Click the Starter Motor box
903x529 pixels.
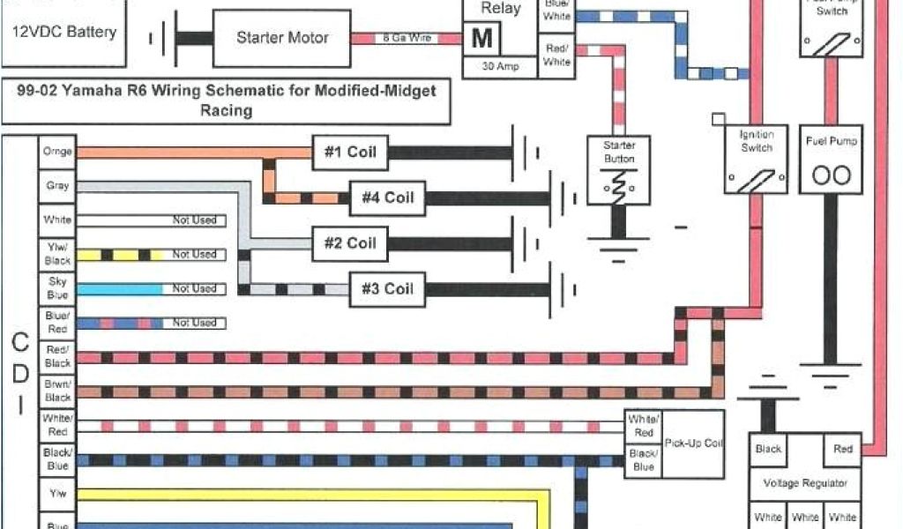click(x=282, y=38)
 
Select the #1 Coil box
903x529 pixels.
click(x=350, y=152)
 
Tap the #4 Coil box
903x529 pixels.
click(x=387, y=197)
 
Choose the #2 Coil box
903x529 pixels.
click(x=350, y=243)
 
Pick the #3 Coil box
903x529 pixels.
click(x=387, y=289)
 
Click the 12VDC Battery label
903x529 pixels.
click(x=63, y=33)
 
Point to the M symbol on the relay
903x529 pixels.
click(x=482, y=38)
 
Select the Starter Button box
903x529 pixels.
click(x=618, y=171)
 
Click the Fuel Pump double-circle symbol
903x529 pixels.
click(x=831, y=175)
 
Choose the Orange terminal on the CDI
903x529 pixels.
click(x=57, y=152)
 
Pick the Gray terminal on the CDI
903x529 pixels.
click(x=57, y=186)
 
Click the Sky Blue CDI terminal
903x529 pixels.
click(x=57, y=288)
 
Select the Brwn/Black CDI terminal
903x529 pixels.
click(x=57, y=391)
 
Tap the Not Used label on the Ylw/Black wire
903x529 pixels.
click(x=194, y=255)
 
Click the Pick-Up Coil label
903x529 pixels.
click(x=693, y=443)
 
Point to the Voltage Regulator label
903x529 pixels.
click(x=805, y=483)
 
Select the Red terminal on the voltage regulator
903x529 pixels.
click(x=843, y=449)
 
